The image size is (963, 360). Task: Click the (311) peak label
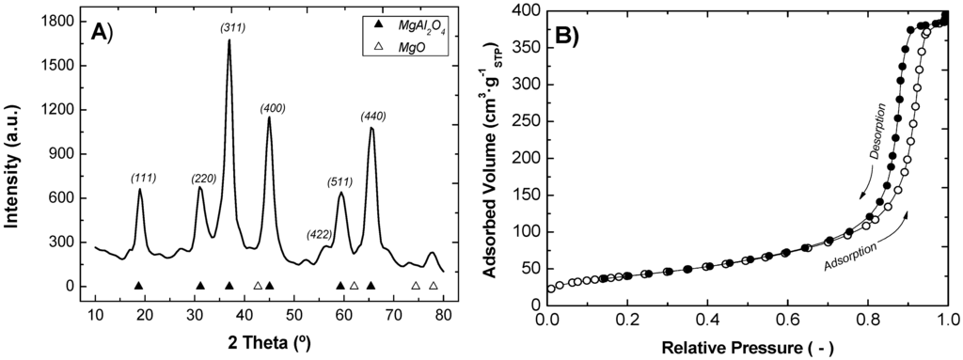click(233, 27)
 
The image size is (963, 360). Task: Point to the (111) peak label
click(143, 179)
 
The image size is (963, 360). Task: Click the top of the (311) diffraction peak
click(229, 40)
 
